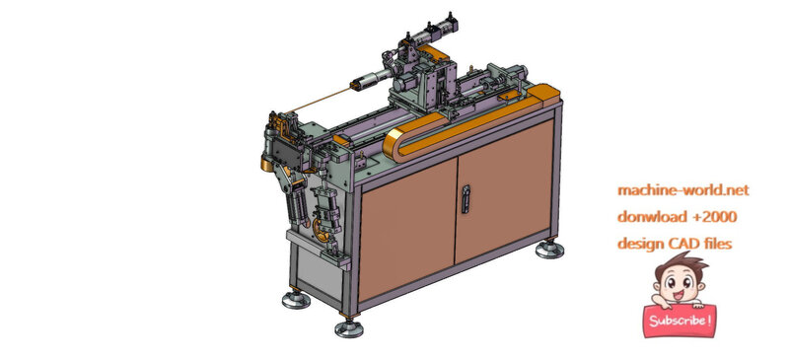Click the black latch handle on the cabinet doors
(466, 199)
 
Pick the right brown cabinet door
(504, 191)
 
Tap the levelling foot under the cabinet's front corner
(349, 327)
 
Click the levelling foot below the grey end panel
(296, 299)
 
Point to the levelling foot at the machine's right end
(549, 249)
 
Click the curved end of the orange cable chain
(394, 145)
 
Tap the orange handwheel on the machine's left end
(319, 229)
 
